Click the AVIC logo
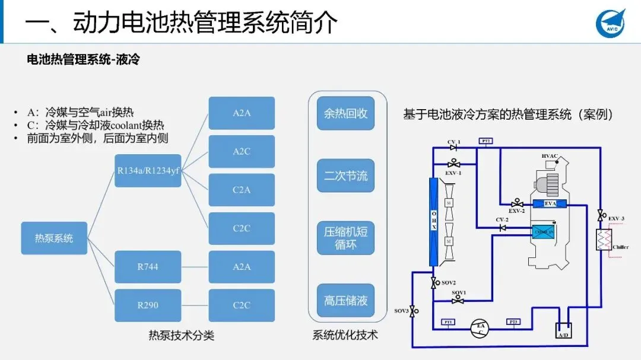pos(611,23)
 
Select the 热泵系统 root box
pos(54,238)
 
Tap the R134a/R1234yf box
pos(148,171)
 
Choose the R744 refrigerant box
pos(148,267)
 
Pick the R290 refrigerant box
pos(148,305)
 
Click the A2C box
pos(242,151)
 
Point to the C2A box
pos(242,190)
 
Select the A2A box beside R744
pos(242,267)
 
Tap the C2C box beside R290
pos(242,305)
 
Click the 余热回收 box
pos(345,113)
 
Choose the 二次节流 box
pos(345,176)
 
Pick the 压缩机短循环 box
pos(345,238)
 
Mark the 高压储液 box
pos(345,300)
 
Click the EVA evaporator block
pos(550,204)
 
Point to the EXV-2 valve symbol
pos(517,203)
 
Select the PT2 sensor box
pos(485,141)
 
